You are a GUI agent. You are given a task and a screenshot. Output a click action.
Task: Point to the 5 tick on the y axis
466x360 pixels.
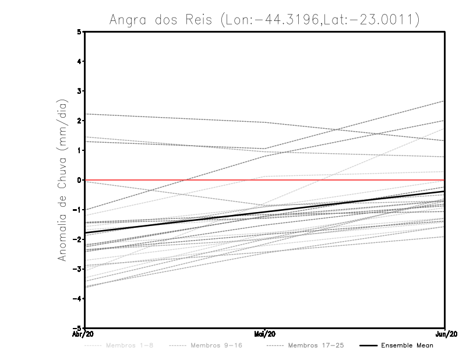coord(79,31)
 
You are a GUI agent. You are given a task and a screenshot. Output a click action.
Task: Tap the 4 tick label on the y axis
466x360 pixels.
coord(79,61)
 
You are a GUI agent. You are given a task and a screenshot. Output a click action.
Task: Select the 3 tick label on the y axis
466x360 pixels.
coord(79,91)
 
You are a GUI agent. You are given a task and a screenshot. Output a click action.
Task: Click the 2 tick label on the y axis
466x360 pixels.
coord(79,121)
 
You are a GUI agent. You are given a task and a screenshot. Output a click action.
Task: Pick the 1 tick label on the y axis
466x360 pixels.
coord(79,150)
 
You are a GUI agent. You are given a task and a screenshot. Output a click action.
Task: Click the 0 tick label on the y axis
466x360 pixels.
coord(79,180)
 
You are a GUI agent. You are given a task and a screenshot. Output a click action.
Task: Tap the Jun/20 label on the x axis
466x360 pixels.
coord(444,334)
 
